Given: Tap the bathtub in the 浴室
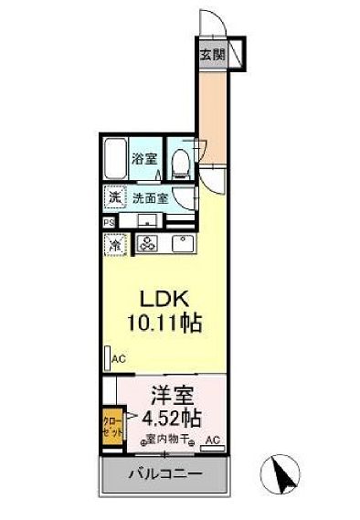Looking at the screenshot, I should coord(116,160).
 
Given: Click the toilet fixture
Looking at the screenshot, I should coord(182,164).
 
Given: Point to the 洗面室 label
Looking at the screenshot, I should coord(147,196).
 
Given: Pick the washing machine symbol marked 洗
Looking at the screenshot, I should coord(115,196).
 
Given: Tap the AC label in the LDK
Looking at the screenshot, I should coord(118,360).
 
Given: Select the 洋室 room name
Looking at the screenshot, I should coord(171,398).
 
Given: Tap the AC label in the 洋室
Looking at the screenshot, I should coord(212,440).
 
